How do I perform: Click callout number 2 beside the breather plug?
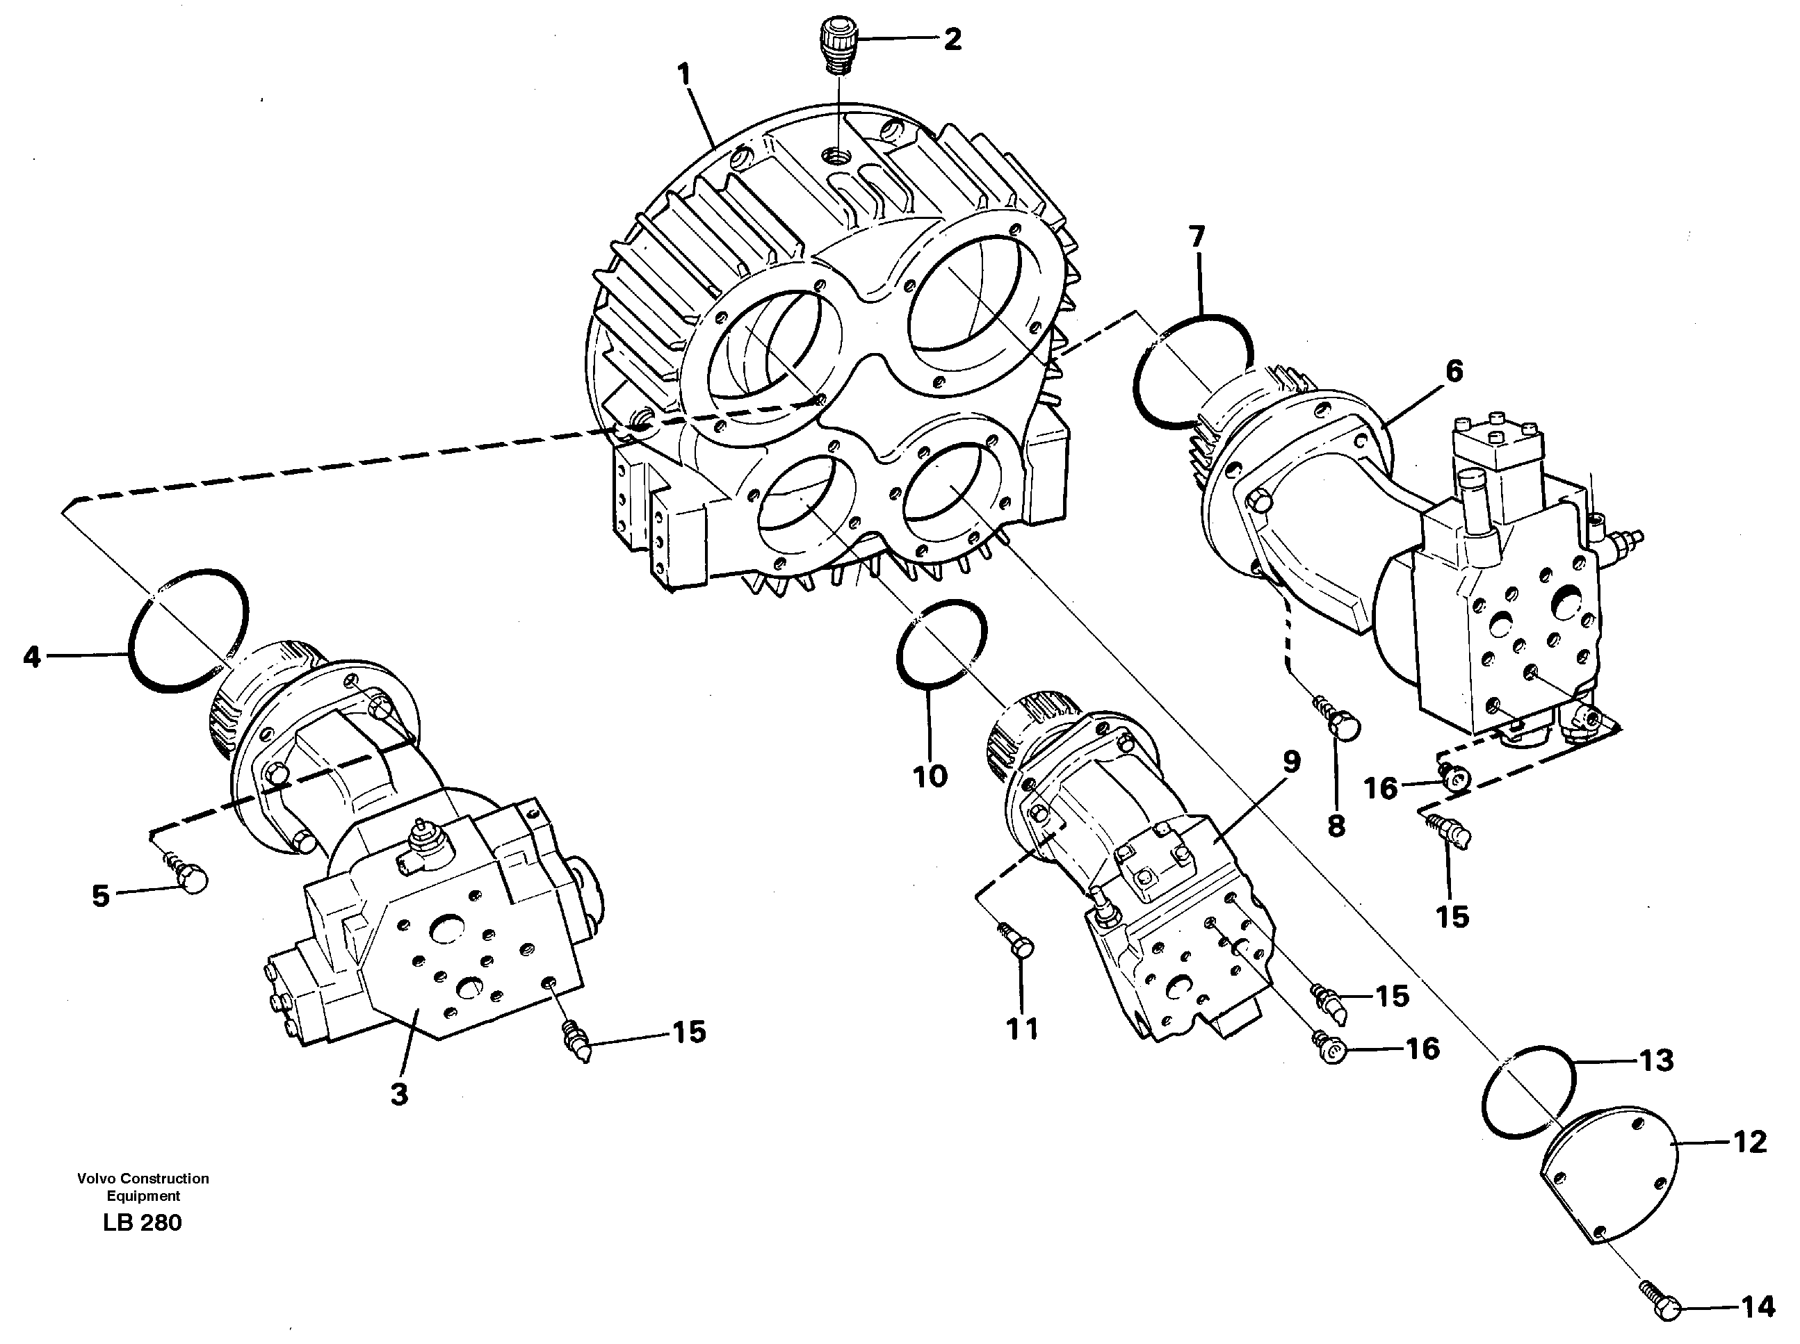[951, 38]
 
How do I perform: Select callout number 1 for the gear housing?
[684, 75]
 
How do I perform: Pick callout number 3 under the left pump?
[399, 1095]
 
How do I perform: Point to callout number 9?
[1290, 762]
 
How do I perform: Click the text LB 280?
[143, 1223]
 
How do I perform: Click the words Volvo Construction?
[143, 1178]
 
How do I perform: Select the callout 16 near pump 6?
[1380, 787]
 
